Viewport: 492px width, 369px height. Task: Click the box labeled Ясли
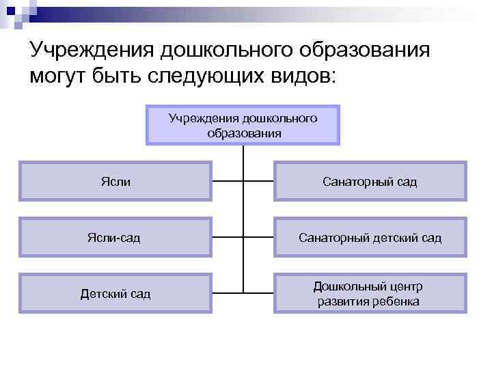coord(115,181)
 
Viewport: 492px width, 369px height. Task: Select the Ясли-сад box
coord(115,237)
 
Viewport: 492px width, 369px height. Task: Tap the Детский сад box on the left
coord(115,294)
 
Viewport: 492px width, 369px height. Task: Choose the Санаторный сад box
coord(370,181)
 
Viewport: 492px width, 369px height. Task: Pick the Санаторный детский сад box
coord(370,237)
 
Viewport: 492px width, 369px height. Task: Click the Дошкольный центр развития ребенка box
coord(370,294)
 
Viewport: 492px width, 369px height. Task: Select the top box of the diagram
coord(243,125)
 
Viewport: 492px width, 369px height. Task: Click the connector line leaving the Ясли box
coord(227,182)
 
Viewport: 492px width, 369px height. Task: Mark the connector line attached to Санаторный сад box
coord(259,182)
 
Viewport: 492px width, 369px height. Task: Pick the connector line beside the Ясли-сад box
coord(227,238)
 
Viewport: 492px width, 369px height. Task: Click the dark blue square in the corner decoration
coord(10,10)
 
